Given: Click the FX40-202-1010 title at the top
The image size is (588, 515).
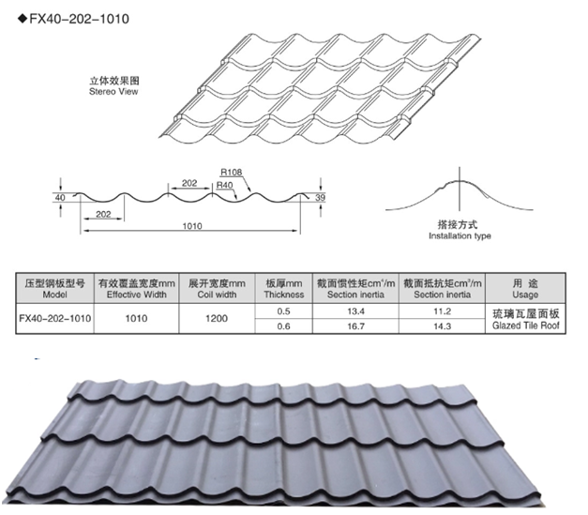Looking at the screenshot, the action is coord(79,19).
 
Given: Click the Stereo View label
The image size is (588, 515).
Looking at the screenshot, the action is coord(113,92).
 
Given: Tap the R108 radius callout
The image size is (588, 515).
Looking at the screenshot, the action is coord(231,173).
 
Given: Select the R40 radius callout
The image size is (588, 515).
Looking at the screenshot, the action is coord(225,185).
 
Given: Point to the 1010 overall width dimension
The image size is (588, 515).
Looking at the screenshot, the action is coord(192,226).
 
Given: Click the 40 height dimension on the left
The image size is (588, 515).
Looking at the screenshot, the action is coord(60,198).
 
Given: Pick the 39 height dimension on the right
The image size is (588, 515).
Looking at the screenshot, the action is coord(320,197).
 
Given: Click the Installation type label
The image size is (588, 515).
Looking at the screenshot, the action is coord(460,236).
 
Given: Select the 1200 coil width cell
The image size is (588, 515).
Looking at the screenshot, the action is coord(217,318).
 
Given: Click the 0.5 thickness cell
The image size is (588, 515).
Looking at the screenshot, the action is coord(283,311).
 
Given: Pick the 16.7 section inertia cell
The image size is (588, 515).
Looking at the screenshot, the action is coord(355,326).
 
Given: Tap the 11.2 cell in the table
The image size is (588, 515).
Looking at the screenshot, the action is coord(442,311).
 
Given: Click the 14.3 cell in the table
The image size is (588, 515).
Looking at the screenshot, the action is coord(442,326).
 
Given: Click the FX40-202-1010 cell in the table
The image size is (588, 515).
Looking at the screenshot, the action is coord(54,318).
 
